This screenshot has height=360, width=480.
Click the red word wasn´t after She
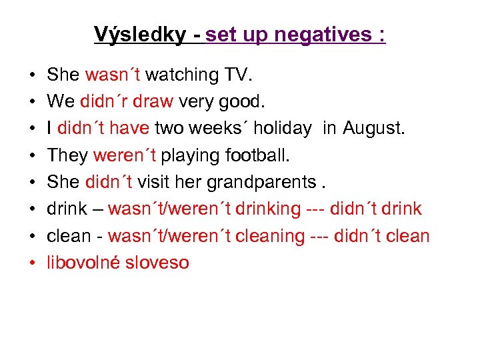(113, 75)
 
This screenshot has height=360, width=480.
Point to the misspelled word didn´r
(103, 102)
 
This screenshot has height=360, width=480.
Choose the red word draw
(153, 102)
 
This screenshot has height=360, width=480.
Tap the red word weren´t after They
(125, 155)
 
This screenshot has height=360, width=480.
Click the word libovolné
(83, 262)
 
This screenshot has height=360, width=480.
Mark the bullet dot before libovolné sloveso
(33, 263)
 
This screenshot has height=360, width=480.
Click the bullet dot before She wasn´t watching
(33, 76)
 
